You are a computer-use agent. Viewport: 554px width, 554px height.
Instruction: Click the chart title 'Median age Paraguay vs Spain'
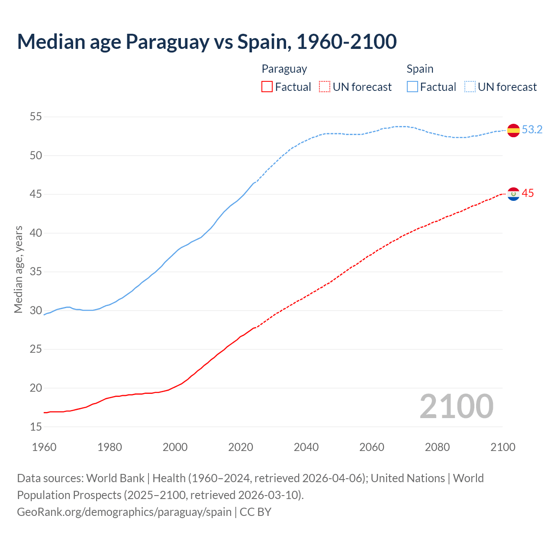pos(206,42)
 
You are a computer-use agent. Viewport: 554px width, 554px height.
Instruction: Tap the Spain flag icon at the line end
pos(513,130)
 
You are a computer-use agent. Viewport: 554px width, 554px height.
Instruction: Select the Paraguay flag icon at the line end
pos(513,194)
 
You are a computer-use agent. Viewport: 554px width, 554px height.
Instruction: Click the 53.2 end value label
pos(532,130)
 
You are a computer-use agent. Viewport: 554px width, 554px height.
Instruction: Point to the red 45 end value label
pos(528,193)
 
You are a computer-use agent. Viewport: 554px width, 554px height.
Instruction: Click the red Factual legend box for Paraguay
pos(267,87)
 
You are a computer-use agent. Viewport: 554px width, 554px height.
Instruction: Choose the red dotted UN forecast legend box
pos(325,87)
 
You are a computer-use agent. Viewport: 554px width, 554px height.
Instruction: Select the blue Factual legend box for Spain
pos(412,87)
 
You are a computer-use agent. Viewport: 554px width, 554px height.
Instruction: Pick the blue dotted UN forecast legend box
pos(470,87)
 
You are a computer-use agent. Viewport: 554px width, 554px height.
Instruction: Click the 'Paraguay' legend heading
pos(284,69)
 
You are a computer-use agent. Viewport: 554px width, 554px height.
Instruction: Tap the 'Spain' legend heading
pos(420,69)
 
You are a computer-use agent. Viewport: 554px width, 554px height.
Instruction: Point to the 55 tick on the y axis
pos(36,117)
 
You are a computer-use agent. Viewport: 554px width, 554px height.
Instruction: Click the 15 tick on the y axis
pos(36,427)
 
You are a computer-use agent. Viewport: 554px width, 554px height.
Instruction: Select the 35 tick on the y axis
pos(36,272)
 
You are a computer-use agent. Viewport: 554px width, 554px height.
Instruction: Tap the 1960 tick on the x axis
pos(44,447)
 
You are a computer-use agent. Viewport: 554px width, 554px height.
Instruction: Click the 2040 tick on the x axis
pos(306,447)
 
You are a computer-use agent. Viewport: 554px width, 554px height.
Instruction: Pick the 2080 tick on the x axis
pos(437,447)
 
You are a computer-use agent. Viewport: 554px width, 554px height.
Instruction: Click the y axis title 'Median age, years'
pos(18,269)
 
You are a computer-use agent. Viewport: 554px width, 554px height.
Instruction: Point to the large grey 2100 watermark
pos(457,406)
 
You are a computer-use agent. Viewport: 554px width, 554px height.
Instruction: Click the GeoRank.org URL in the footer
pos(124,512)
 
